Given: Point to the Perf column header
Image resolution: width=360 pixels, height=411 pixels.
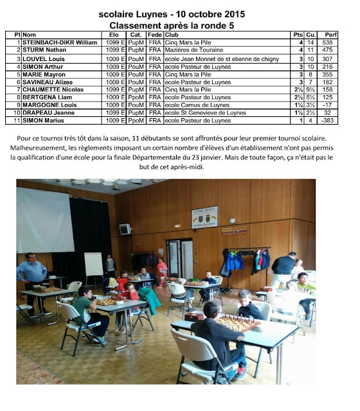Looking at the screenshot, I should point(331,34).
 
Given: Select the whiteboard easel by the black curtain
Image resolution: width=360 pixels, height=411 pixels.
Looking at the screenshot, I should point(93,265).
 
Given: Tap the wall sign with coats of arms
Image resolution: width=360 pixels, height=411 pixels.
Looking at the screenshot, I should point(205,218).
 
